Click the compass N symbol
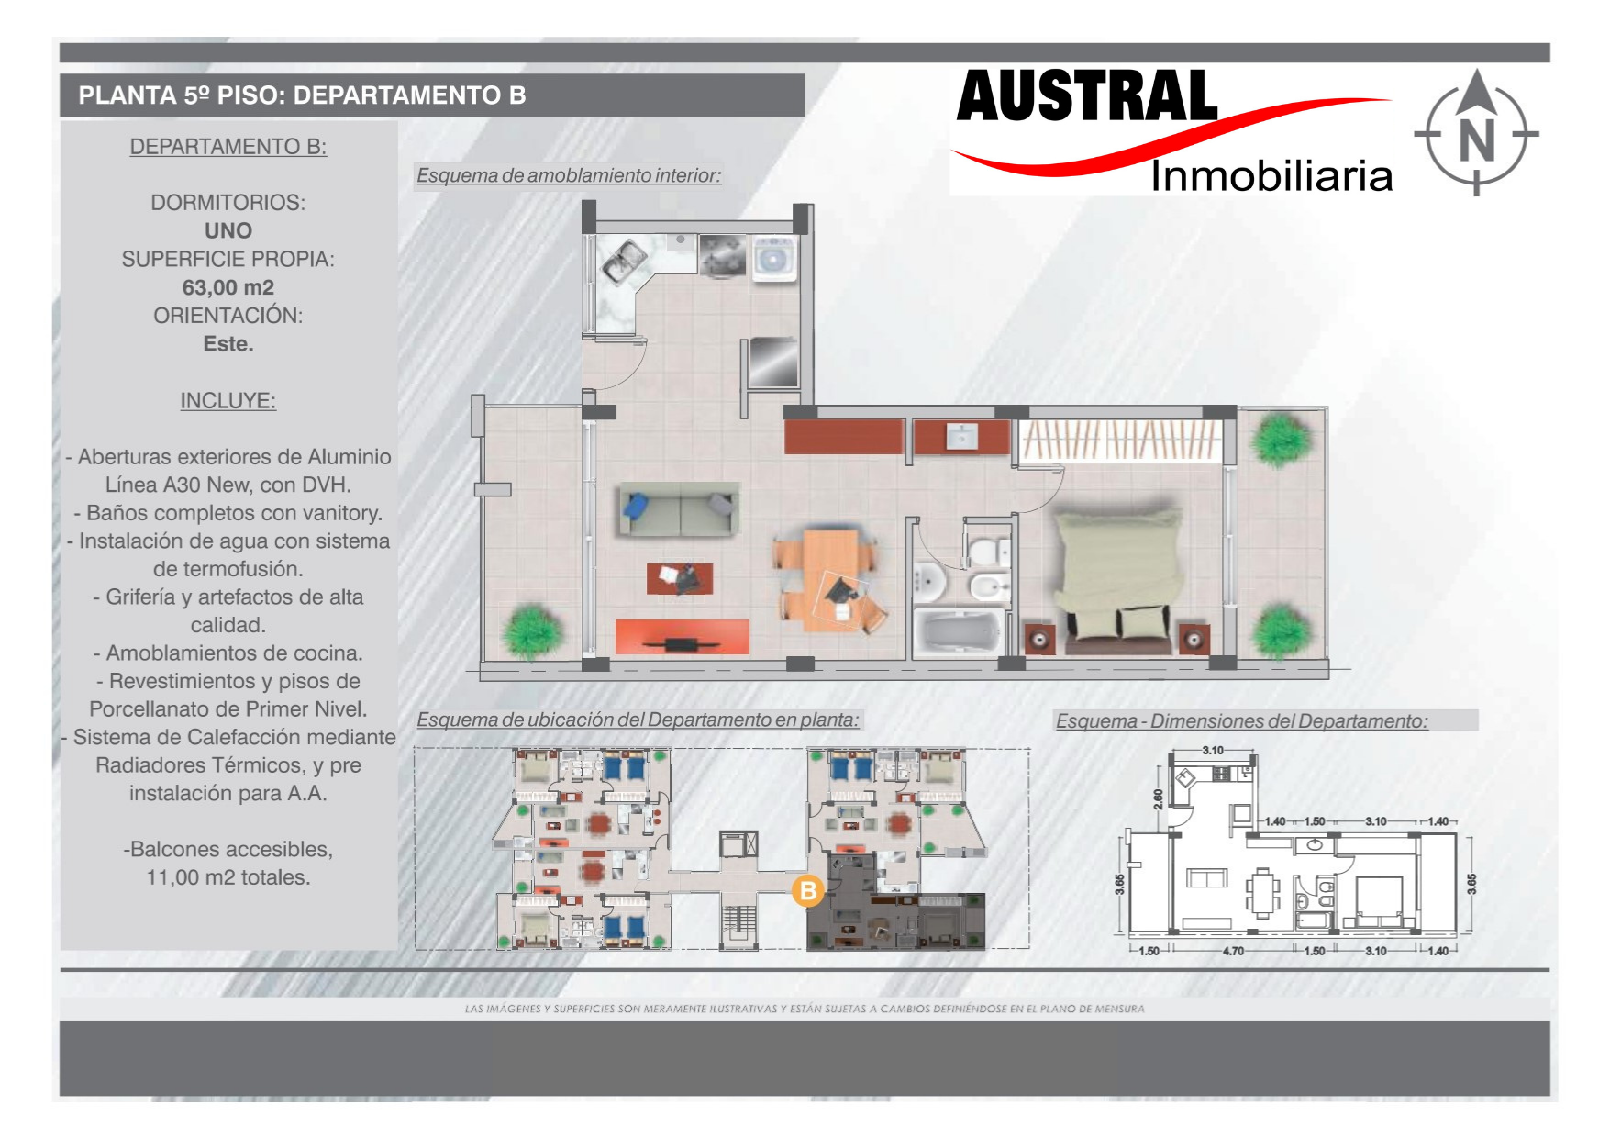[x=1476, y=132]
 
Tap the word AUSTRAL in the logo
[x=1086, y=96]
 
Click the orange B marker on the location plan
[x=808, y=890]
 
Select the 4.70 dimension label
[x=1233, y=951]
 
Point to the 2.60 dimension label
[x=1159, y=799]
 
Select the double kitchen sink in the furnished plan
[x=624, y=260]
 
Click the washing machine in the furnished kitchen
[x=775, y=258]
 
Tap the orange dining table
[x=830, y=579]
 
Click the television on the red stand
[x=682, y=642]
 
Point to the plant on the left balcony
[x=531, y=630]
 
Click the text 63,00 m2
[x=228, y=287]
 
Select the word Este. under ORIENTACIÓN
[x=228, y=344]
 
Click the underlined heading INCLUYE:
[x=228, y=401]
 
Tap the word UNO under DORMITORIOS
[x=228, y=230]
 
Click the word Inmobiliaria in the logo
[x=1271, y=175]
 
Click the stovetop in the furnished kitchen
[x=722, y=255]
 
